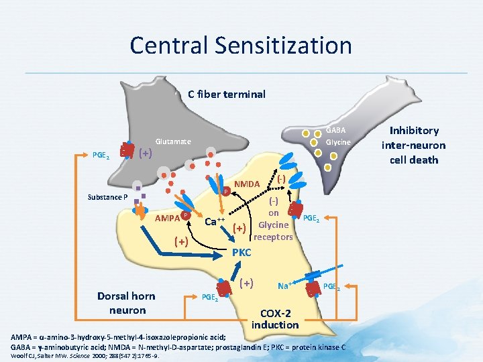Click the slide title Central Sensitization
click(241, 46)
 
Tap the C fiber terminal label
click(227, 94)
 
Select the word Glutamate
click(173, 141)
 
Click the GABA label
click(336, 130)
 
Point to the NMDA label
click(248, 184)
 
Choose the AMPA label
click(167, 218)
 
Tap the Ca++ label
click(215, 221)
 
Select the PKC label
click(241, 253)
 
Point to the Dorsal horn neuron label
click(126, 303)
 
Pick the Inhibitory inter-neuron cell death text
click(413, 145)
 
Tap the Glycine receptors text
click(273, 231)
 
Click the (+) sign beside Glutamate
click(145, 153)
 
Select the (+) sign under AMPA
click(180, 241)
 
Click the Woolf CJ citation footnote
click(80, 356)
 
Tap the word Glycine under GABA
click(338, 142)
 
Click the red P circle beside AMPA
click(184, 215)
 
